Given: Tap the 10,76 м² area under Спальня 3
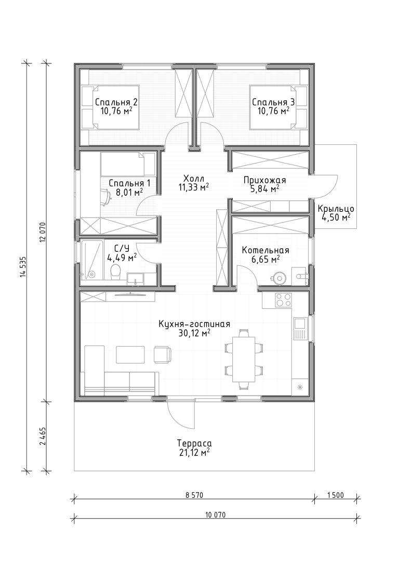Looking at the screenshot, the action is point(274,111).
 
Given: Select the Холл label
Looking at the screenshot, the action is point(193,178).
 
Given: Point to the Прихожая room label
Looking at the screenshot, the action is point(264,180).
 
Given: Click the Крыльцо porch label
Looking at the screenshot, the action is point(336,209).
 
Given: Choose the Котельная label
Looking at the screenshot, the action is point(265,250).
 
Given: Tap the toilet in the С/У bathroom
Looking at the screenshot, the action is point(116,273).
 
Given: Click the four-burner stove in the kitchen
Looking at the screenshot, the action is point(283,300).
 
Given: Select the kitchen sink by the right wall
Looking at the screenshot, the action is point(299,328).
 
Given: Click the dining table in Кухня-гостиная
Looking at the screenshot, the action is point(244,359).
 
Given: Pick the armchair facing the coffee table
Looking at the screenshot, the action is point(163,355).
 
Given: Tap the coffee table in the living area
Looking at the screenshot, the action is point(130,355).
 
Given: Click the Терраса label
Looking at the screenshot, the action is point(194,443).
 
